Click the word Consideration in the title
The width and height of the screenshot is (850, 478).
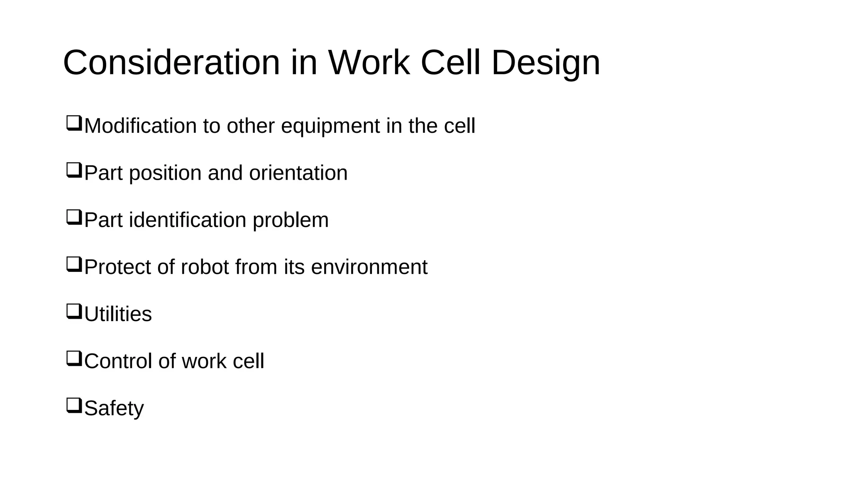click(171, 63)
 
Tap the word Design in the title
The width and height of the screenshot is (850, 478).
click(545, 63)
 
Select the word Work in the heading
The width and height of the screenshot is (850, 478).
click(369, 63)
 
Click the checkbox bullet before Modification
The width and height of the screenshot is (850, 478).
click(74, 124)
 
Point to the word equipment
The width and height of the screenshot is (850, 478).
click(330, 126)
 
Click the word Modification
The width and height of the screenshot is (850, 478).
click(140, 126)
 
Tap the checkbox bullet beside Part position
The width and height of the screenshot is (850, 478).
click(74, 171)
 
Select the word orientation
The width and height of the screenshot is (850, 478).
click(298, 173)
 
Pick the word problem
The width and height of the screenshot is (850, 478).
click(291, 220)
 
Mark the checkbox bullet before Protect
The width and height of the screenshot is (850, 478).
click(74, 265)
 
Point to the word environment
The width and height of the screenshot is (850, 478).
click(369, 267)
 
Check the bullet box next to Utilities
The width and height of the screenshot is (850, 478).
click(74, 312)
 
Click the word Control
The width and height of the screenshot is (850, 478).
click(118, 361)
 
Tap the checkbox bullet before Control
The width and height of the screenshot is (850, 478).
click(74, 359)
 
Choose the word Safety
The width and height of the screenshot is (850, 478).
click(114, 408)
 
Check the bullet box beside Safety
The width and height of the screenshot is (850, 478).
click(74, 406)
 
